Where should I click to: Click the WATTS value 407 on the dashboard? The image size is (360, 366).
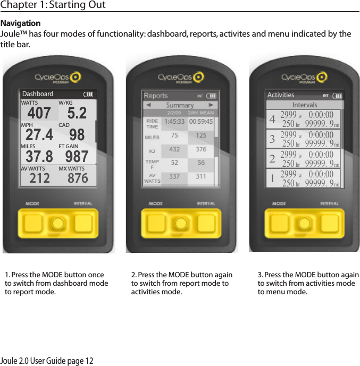[39, 113]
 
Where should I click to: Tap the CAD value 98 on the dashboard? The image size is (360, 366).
[77, 135]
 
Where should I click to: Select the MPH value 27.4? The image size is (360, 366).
[39, 135]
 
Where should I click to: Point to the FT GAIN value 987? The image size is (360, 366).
[77, 156]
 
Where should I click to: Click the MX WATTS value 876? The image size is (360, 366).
[78, 178]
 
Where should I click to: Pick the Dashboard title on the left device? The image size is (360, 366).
[38, 94]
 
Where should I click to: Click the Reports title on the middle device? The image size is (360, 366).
[156, 96]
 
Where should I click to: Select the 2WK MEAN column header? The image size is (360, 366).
[201, 113]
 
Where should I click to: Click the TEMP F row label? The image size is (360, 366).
[152, 164]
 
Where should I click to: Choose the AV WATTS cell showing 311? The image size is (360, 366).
[201, 177]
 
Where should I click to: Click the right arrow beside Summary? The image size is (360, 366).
[211, 105]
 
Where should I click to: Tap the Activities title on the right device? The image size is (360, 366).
[280, 95]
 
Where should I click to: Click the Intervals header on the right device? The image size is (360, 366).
[305, 105]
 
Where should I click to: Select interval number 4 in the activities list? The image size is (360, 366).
[272, 120]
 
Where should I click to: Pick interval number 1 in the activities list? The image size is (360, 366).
[272, 178]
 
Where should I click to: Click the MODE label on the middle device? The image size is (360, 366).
[155, 203]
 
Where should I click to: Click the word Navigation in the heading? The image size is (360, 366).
[21, 24]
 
